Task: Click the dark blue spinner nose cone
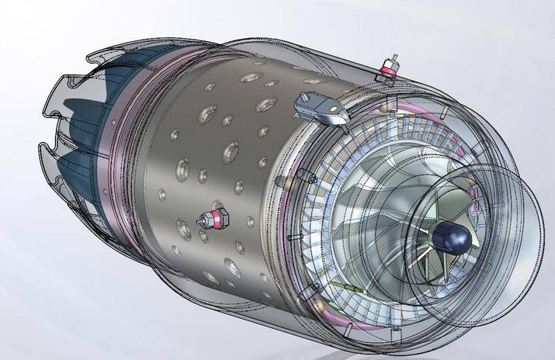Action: pyautogui.click(x=453, y=234)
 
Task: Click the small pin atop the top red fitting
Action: pyautogui.click(x=395, y=57)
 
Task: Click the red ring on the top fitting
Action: pyautogui.click(x=385, y=72)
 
